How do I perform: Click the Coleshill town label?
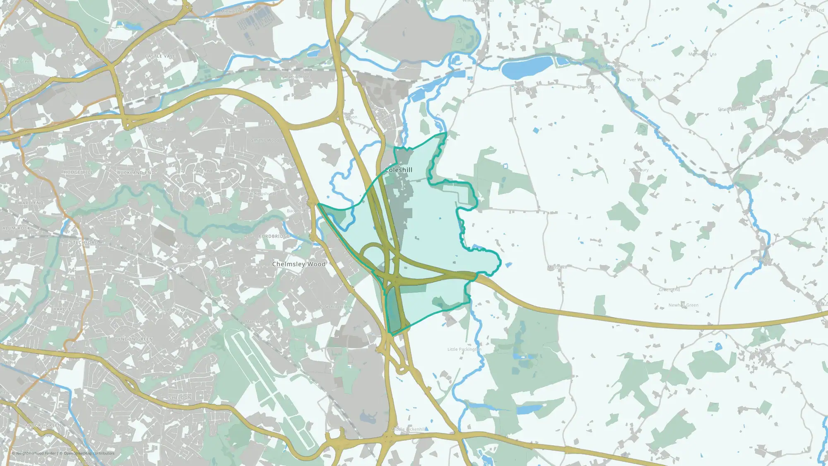399,170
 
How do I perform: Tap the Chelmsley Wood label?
298,264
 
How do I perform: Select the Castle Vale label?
160,56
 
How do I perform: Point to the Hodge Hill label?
78,172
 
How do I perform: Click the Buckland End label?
136,172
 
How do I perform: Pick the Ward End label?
31,203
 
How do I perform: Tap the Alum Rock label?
17,228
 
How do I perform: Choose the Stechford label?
84,242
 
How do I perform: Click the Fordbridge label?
274,236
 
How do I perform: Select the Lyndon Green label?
134,339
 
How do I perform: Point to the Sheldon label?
180,398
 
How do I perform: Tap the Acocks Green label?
43,425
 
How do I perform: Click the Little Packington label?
464,349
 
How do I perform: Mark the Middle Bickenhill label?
409,429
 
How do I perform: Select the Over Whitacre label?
640,80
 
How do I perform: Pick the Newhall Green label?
683,305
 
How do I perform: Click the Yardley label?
64,309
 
